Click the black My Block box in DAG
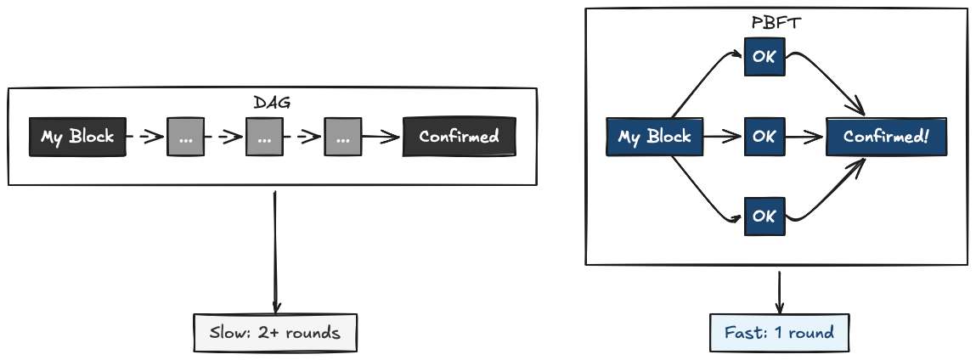pos(77,137)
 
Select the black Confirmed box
pos(459,137)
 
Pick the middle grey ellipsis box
pos(264,137)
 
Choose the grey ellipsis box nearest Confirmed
pos(342,137)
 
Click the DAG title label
pos(272,103)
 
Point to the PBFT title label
pos(776,23)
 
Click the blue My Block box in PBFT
pos(654,137)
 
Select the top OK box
pos(764,58)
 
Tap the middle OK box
pos(764,137)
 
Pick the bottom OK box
pos(764,216)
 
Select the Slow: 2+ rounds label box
pos(274,333)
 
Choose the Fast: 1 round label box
pos(779,333)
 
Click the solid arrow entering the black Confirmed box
pos(381,137)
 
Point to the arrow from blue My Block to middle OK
pos(723,137)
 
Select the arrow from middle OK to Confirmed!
pos(805,137)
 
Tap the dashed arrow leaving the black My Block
pos(145,137)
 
